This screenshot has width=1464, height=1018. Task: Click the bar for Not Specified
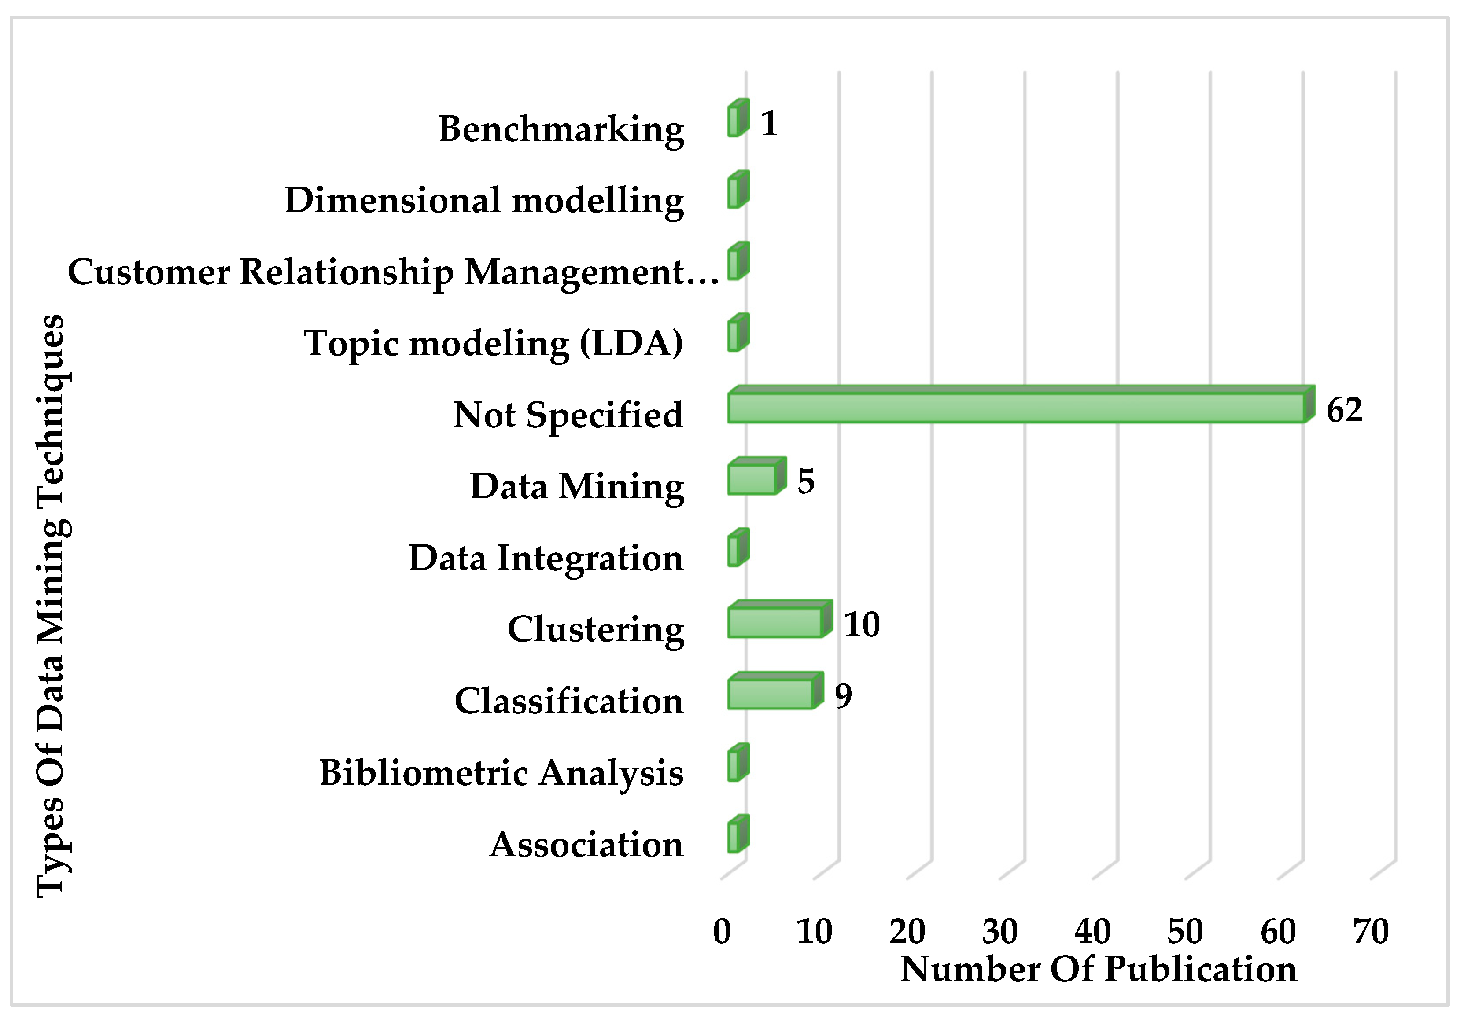click(x=1017, y=408)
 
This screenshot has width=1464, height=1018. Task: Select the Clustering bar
click(x=775, y=623)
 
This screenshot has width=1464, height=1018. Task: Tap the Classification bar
click(x=771, y=694)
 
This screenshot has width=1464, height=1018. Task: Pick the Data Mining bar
click(x=752, y=479)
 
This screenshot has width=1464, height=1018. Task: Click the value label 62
click(x=1344, y=410)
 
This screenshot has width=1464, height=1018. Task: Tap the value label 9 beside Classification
click(x=843, y=695)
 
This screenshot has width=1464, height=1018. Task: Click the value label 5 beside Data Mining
click(x=806, y=481)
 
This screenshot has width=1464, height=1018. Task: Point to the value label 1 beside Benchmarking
click(x=769, y=123)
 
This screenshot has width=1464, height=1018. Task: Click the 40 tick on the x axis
click(x=1092, y=931)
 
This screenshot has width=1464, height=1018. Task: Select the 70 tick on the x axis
click(x=1371, y=931)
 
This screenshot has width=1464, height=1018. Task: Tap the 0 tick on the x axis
click(x=722, y=931)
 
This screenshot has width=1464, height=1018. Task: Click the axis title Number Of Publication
click(x=1099, y=969)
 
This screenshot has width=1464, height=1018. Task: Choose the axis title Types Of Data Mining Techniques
click(x=51, y=606)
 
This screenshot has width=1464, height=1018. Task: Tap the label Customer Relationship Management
click(x=393, y=272)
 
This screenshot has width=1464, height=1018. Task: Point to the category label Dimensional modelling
click(x=484, y=201)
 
